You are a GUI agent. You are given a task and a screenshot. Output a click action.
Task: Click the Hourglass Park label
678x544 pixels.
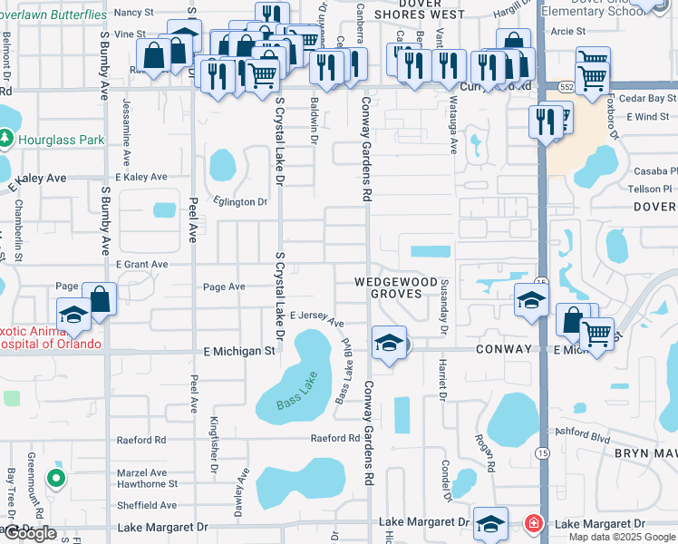click(61, 141)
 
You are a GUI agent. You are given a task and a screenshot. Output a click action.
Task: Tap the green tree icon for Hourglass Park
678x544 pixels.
click(7, 139)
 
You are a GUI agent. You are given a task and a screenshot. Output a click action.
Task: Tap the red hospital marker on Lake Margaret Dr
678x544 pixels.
click(536, 524)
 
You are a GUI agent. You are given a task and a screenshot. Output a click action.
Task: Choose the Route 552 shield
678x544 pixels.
click(567, 86)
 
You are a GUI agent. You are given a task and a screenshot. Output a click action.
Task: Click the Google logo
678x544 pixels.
click(29, 533)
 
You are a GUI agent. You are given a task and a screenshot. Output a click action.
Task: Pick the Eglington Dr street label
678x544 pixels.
click(240, 202)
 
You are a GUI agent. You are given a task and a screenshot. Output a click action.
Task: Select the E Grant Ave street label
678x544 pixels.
click(141, 265)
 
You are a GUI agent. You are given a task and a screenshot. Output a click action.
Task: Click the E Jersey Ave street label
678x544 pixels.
click(317, 318)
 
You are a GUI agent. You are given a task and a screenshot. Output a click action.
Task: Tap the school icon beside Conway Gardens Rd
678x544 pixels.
click(389, 344)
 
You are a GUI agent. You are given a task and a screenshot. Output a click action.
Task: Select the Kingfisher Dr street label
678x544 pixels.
click(215, 445)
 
